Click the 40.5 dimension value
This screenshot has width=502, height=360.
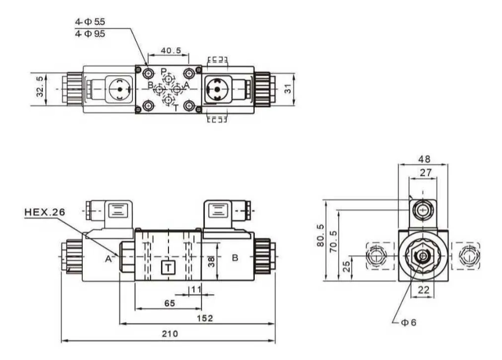pos(171,50)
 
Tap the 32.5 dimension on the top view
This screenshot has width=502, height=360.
pos(40,86)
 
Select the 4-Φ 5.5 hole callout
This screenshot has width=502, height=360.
pos(90,22)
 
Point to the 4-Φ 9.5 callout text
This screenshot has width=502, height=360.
pos(90,34)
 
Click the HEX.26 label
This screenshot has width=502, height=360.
pos(45,212)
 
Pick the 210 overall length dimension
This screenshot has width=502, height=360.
pos(170,334)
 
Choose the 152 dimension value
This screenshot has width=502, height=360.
pos(205,318)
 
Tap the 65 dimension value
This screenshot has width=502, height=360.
pos(170,303)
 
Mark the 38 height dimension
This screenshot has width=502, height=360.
pos(211,262)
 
